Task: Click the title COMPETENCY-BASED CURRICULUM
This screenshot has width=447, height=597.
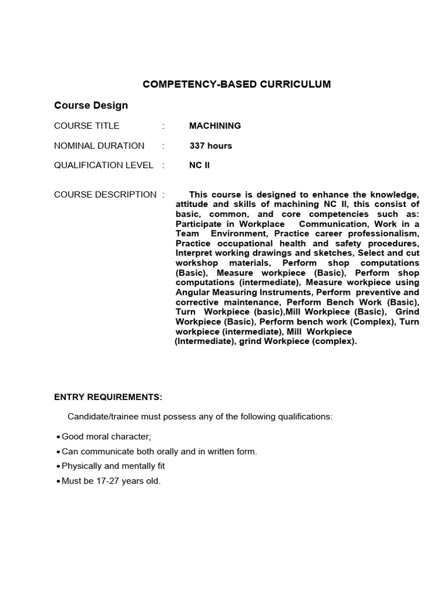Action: [x=236, y=84]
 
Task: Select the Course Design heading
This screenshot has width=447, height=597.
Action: [x=91, y=106]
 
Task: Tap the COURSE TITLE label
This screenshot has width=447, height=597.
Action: [x=87, y=126]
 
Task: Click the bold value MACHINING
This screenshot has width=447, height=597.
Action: [x=215, y=126]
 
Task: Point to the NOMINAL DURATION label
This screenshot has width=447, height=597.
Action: [x=99, y=146]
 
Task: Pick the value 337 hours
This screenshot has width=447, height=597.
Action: [x=211, y=146]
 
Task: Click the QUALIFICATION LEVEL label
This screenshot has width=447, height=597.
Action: [x=104, y=165]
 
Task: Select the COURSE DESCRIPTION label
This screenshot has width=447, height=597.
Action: [x=105, y=195]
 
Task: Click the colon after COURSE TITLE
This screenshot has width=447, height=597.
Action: [x=164, y=126]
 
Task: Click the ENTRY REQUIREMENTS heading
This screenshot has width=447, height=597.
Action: [x=108, y=397]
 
